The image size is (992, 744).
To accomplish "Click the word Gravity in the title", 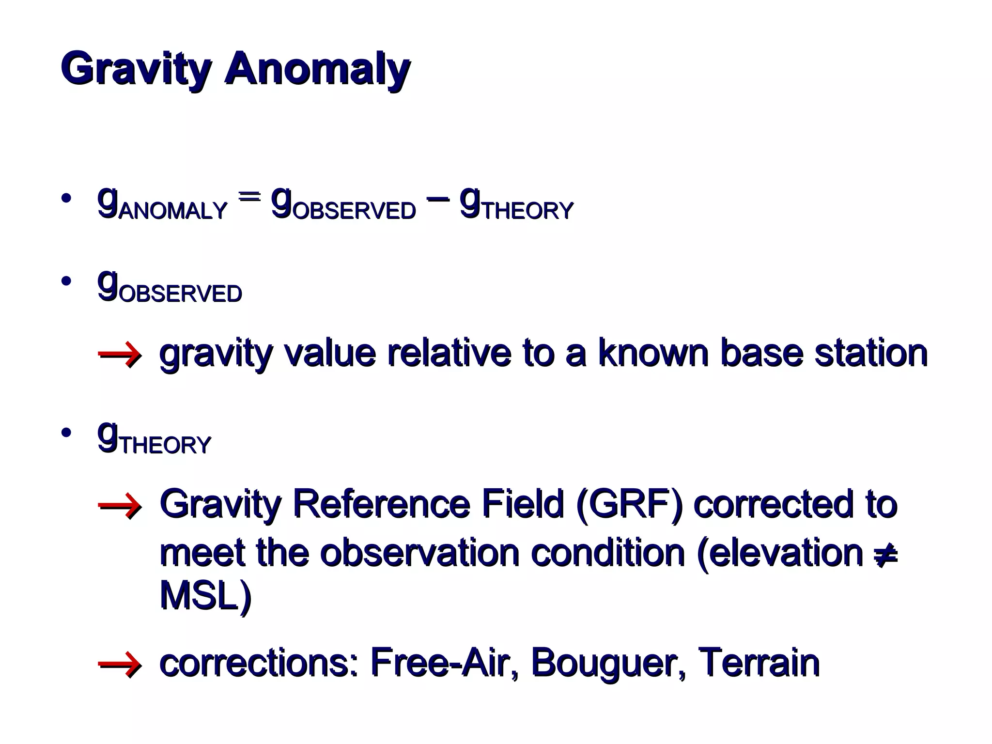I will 136,69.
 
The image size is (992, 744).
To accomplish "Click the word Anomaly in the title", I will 317,69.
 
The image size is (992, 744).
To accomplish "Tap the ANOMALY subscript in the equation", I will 173,211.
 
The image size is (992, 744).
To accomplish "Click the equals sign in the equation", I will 249,196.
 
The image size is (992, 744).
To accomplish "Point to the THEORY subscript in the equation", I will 528,211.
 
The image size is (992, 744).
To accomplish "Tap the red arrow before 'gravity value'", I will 120,355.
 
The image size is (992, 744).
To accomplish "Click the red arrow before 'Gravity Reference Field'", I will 120,506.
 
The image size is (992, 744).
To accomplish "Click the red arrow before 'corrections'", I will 120,665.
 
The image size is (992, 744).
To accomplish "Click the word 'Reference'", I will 382,504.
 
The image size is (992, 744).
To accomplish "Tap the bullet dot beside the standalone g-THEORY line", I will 66,433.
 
